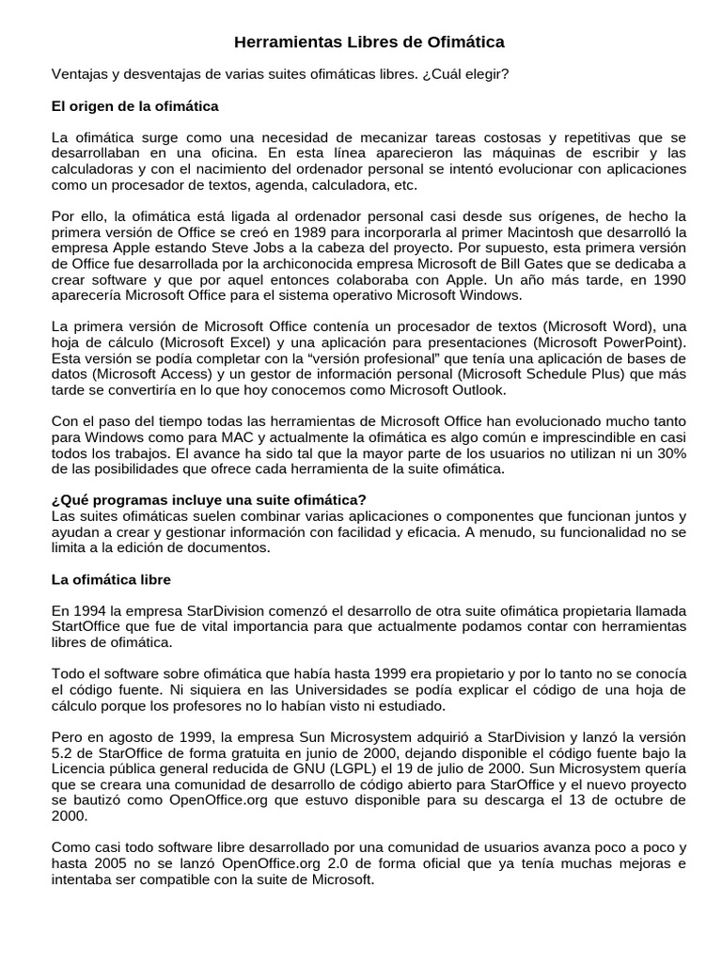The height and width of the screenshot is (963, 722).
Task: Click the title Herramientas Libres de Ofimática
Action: pos(369,42)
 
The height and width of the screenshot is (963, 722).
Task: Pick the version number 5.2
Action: pos(61,753)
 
